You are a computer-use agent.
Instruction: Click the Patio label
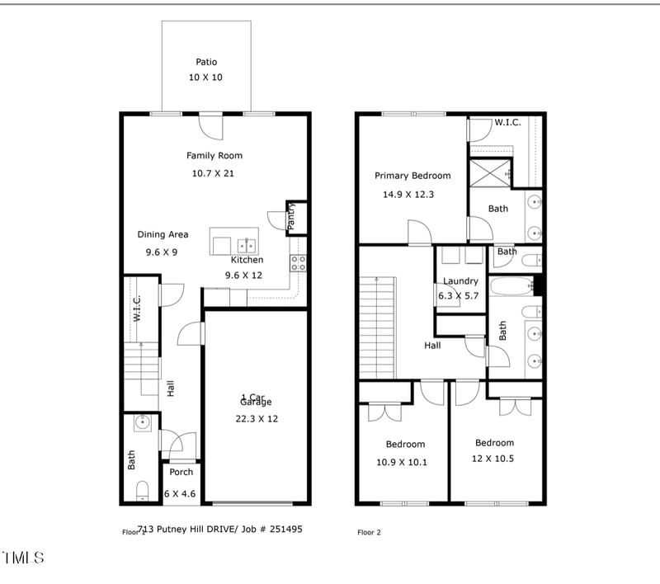point(206,62)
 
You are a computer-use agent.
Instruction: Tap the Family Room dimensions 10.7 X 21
point(213,173)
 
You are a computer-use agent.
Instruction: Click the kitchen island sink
point(246,245)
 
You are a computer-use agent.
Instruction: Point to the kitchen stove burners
point(299,263)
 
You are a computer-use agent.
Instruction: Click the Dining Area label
point(163,234)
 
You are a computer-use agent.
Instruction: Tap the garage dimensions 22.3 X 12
point(257,418)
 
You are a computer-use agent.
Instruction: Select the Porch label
point(181,472)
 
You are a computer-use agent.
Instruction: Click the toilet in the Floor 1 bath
point(142,492)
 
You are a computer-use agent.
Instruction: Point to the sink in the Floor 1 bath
point(142,423)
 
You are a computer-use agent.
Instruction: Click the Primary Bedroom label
point(412,176)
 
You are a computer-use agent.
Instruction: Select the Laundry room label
point(460,281)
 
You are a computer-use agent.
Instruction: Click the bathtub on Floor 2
point(512,287)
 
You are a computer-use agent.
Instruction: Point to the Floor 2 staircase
point(378,327)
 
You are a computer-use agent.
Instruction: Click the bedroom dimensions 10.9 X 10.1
point(402,462)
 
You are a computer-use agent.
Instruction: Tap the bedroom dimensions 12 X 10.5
point(494,459)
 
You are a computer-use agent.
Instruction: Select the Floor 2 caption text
point(370,532)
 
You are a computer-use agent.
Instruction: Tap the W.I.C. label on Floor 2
point(507,123)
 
